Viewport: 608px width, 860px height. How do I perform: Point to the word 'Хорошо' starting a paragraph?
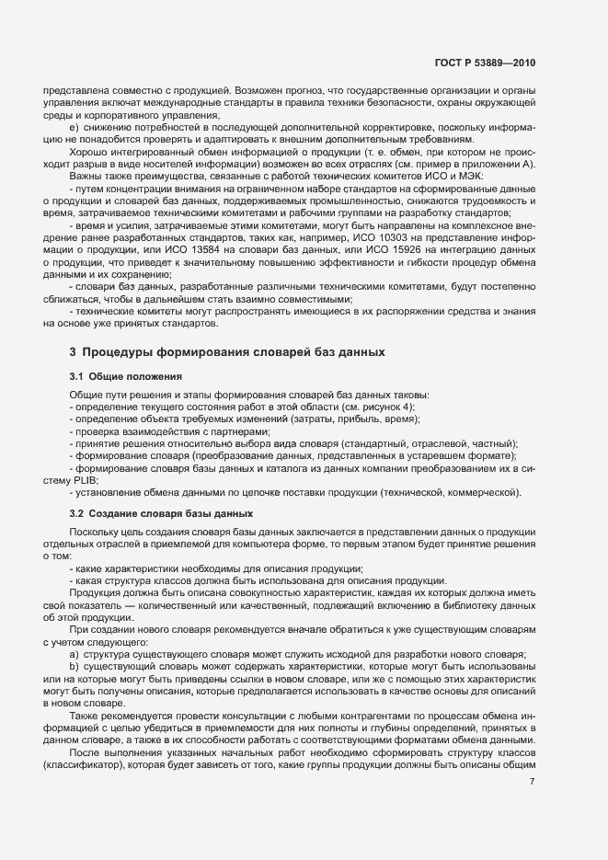pos(87,152)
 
